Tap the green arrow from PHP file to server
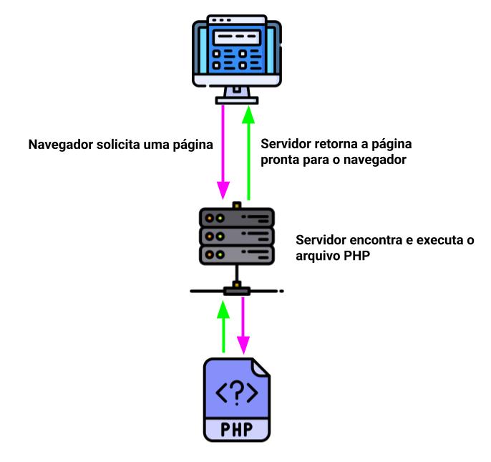tap(224, 326)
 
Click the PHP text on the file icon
tap(237, 431)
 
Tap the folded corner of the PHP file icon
tap(261, 366)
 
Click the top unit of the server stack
tap(236, 218)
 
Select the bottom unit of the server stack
tap(236, 254)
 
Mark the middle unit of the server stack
tap(236, 236)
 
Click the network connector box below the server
tap(236, 291)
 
